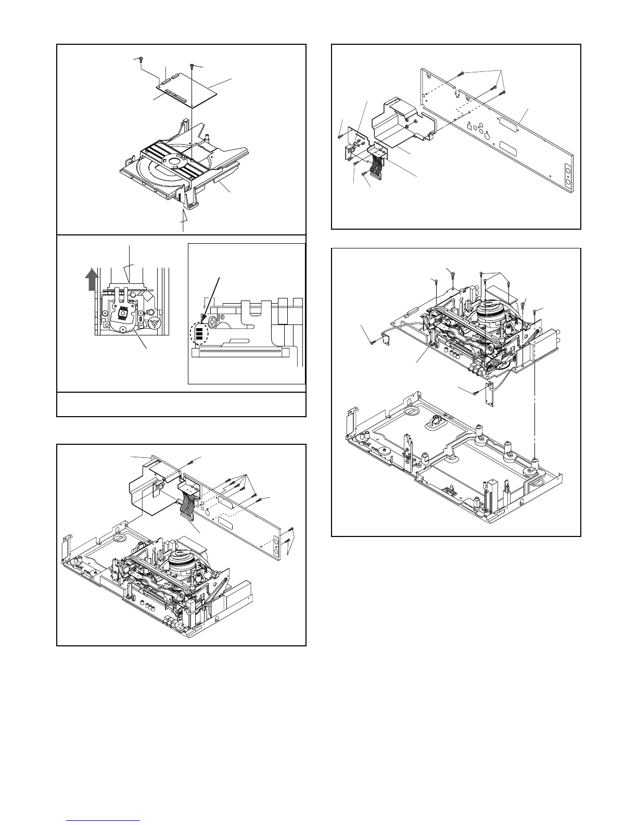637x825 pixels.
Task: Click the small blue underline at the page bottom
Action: [104, 820]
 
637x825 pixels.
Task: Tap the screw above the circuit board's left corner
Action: [141, 60]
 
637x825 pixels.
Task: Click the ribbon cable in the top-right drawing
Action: [378, 165]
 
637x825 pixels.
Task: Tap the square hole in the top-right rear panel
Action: [470, 126]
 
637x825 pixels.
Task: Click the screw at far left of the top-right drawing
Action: [339, 136]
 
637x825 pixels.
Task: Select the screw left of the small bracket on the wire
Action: [373, 343]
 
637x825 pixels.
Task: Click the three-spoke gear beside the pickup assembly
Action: [154, 323]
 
